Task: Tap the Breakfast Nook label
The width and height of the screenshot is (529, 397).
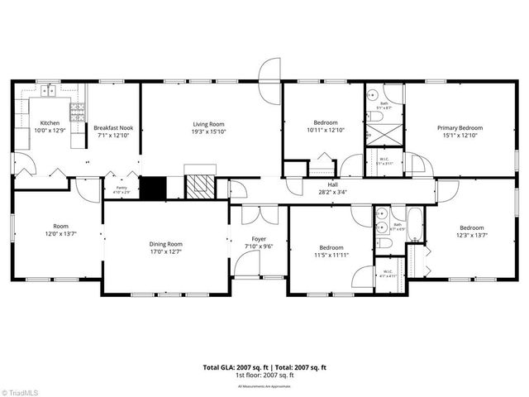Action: (113, 128)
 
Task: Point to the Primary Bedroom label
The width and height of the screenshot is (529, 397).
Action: (460, 128)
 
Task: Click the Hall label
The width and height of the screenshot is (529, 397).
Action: (332, 185)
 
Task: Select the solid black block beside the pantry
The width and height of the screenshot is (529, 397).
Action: (152, 188)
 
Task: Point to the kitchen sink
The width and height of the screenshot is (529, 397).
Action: (51, 91)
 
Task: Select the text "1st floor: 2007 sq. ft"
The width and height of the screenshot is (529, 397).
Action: (264, 375)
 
